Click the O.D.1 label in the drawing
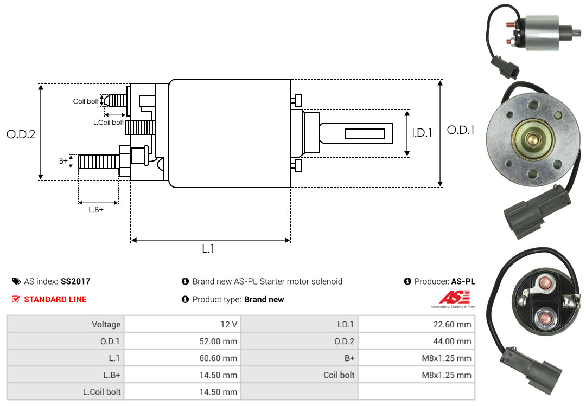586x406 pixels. coord(461,130)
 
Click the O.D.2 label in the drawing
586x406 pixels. coord(21,134)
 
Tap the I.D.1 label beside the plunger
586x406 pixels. coord(422,133)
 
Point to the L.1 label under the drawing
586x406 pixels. coord(208,248)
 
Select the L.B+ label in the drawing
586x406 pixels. coord(96,210)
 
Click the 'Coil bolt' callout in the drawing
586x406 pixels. coord(86,101)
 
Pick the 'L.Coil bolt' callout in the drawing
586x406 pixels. coord(109,122)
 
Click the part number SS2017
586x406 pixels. coord(75,281)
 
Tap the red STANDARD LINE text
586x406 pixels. coord(55,299)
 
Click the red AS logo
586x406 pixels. coord(455,297)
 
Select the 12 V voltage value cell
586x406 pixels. coord(182,324)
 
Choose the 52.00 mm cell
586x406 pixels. coord(182,341)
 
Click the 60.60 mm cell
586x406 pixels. coord(182,358)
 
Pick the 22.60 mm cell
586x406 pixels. coord(416,324)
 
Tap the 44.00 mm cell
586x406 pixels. coord(416,341)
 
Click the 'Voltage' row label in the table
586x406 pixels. coord(106,324)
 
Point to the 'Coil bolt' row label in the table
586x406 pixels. coord(339,375)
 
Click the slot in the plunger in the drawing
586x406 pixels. coord(365,133)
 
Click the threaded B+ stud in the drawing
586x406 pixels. coord(99,162)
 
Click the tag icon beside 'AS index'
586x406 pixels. coord(16,281)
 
